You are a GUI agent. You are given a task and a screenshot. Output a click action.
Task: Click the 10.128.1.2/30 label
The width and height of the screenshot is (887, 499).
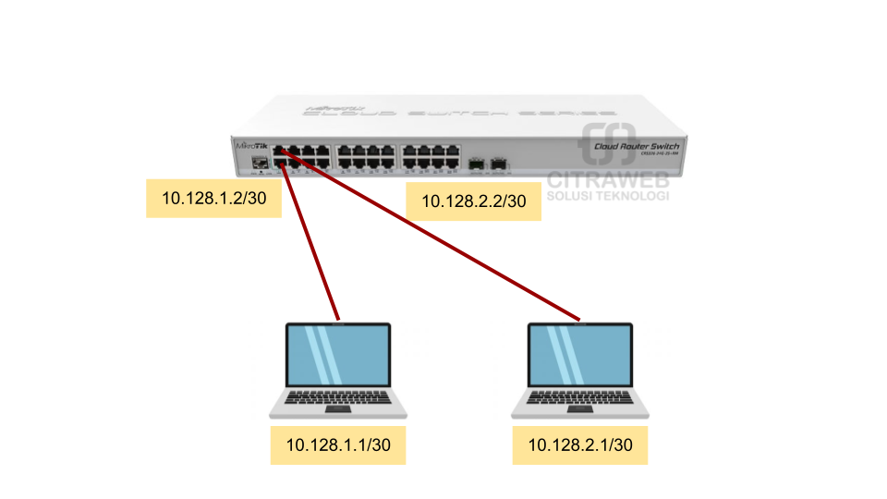click(213, 198)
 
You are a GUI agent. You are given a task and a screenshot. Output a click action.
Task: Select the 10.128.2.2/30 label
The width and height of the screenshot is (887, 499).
click(473, 201)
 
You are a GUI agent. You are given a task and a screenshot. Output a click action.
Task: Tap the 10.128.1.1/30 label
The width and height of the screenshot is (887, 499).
click(338, 445)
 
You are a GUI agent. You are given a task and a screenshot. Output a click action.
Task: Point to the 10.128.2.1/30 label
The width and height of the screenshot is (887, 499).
click(580, 445)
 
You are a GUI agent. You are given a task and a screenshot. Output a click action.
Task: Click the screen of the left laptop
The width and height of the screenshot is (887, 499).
click(338, 355)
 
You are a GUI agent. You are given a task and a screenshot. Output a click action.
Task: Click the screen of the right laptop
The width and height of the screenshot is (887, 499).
click(580, 355)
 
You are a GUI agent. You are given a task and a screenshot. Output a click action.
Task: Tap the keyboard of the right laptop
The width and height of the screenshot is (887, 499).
click(580, 398)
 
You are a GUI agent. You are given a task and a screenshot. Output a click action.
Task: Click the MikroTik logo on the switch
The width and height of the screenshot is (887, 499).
click(251, 146)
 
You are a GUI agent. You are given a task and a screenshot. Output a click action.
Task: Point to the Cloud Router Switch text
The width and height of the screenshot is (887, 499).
click(636, 147)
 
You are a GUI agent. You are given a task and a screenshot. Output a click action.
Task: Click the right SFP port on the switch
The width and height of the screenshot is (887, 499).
click(500, 164)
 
